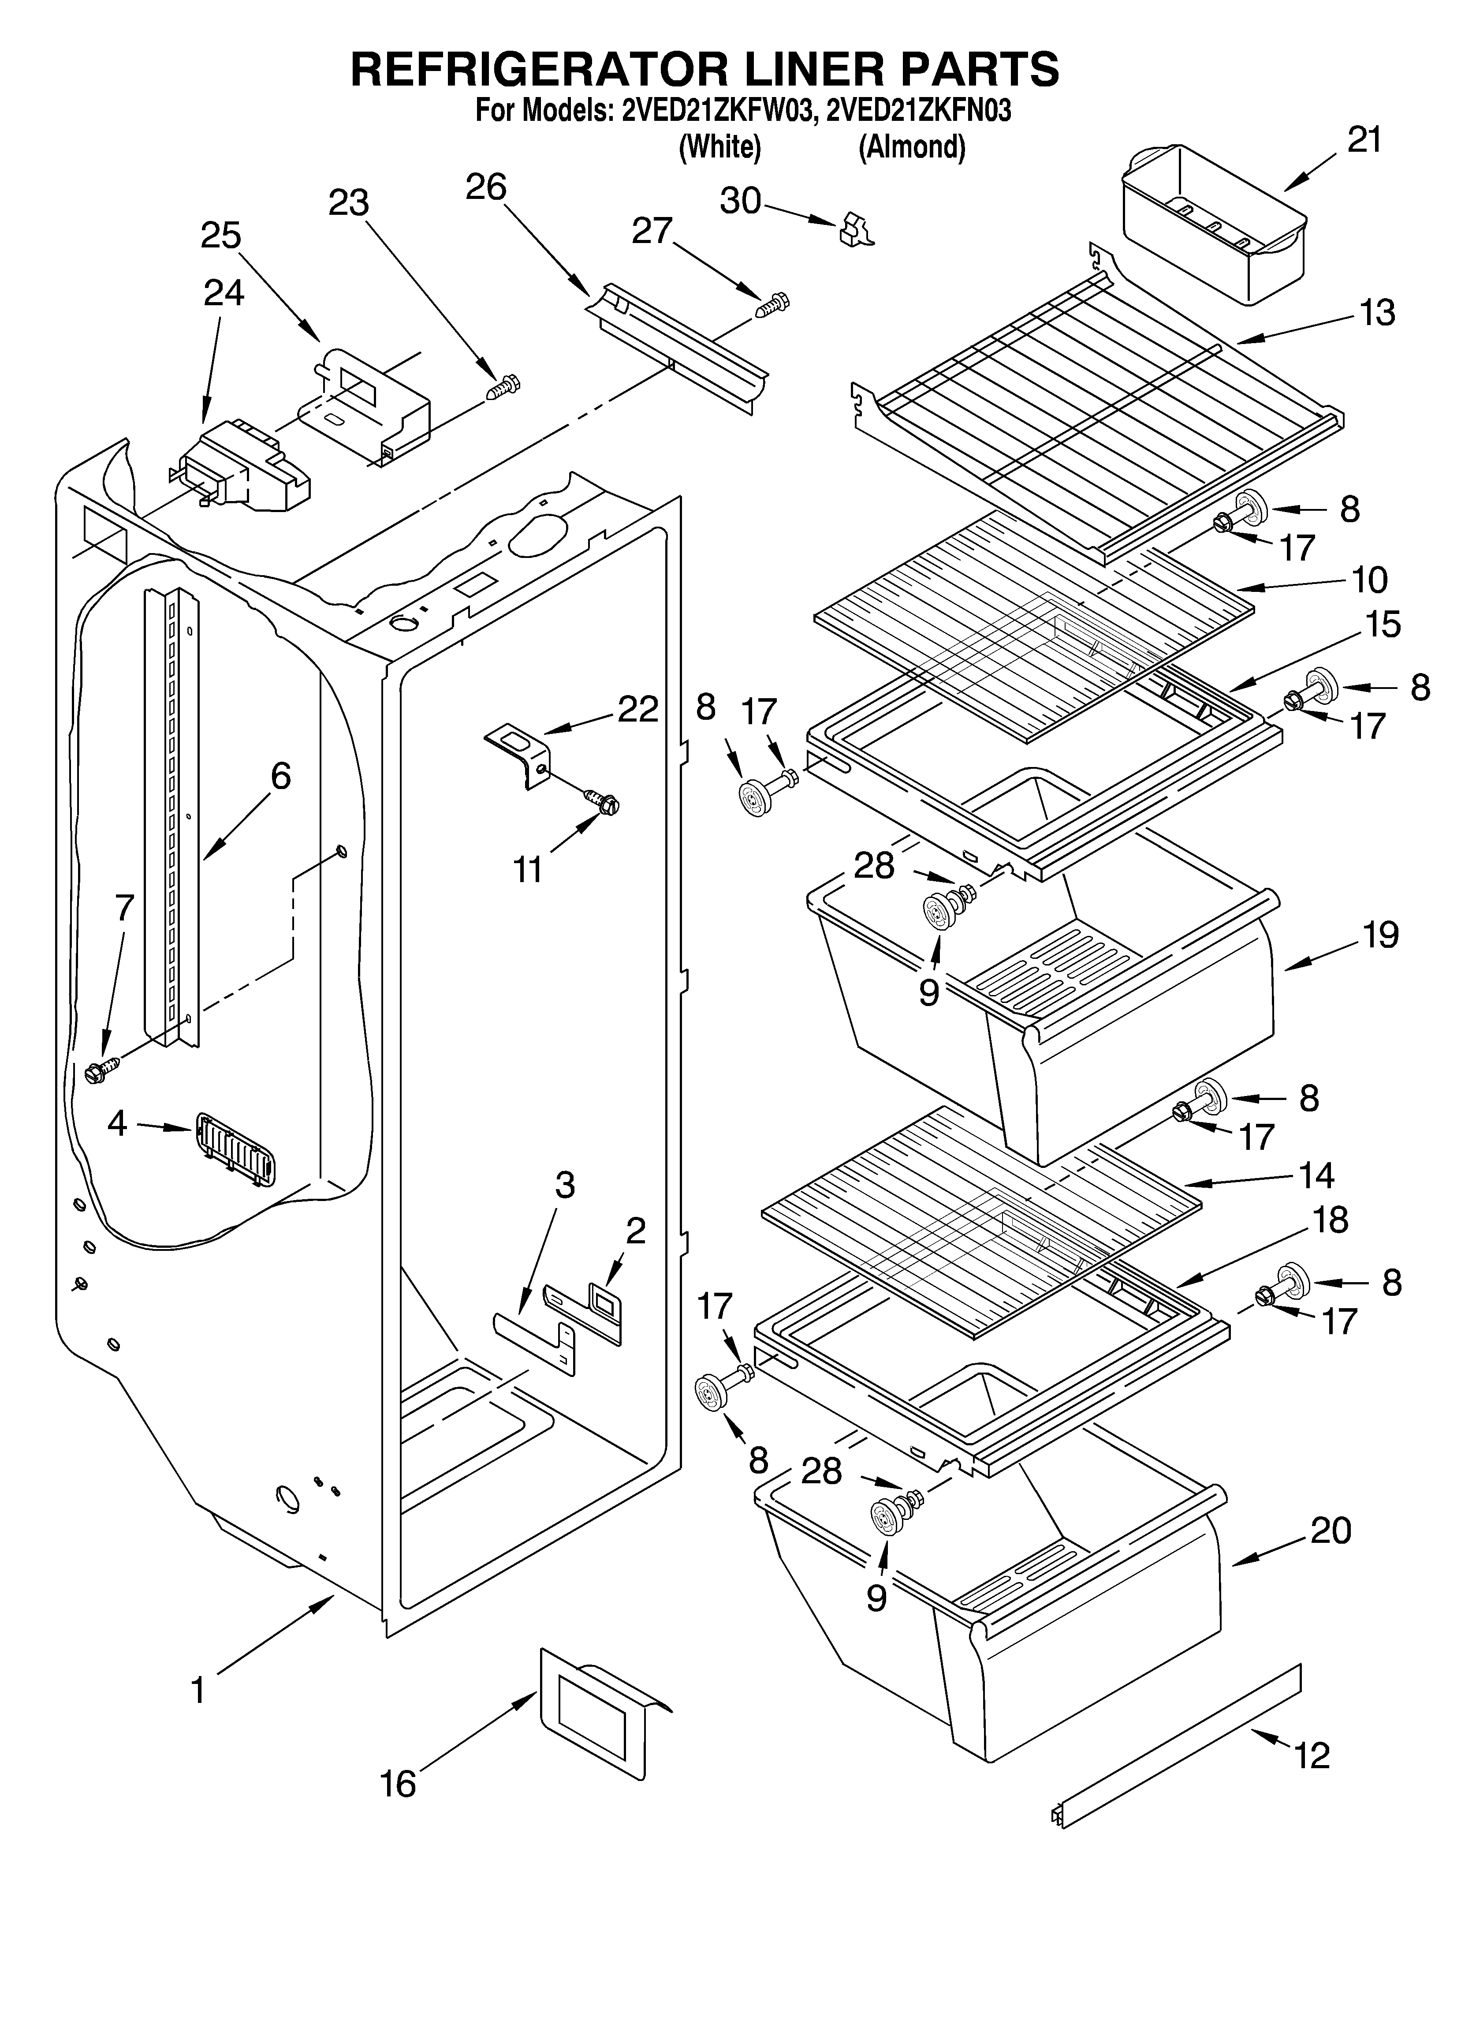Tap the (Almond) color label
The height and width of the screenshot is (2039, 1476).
pyautogui.click(x=912, y=146)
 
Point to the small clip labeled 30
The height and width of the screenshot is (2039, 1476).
pyautogui.click(x=855, y=230)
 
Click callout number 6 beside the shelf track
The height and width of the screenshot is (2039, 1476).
pyautogui.click(x=280, y=775)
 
